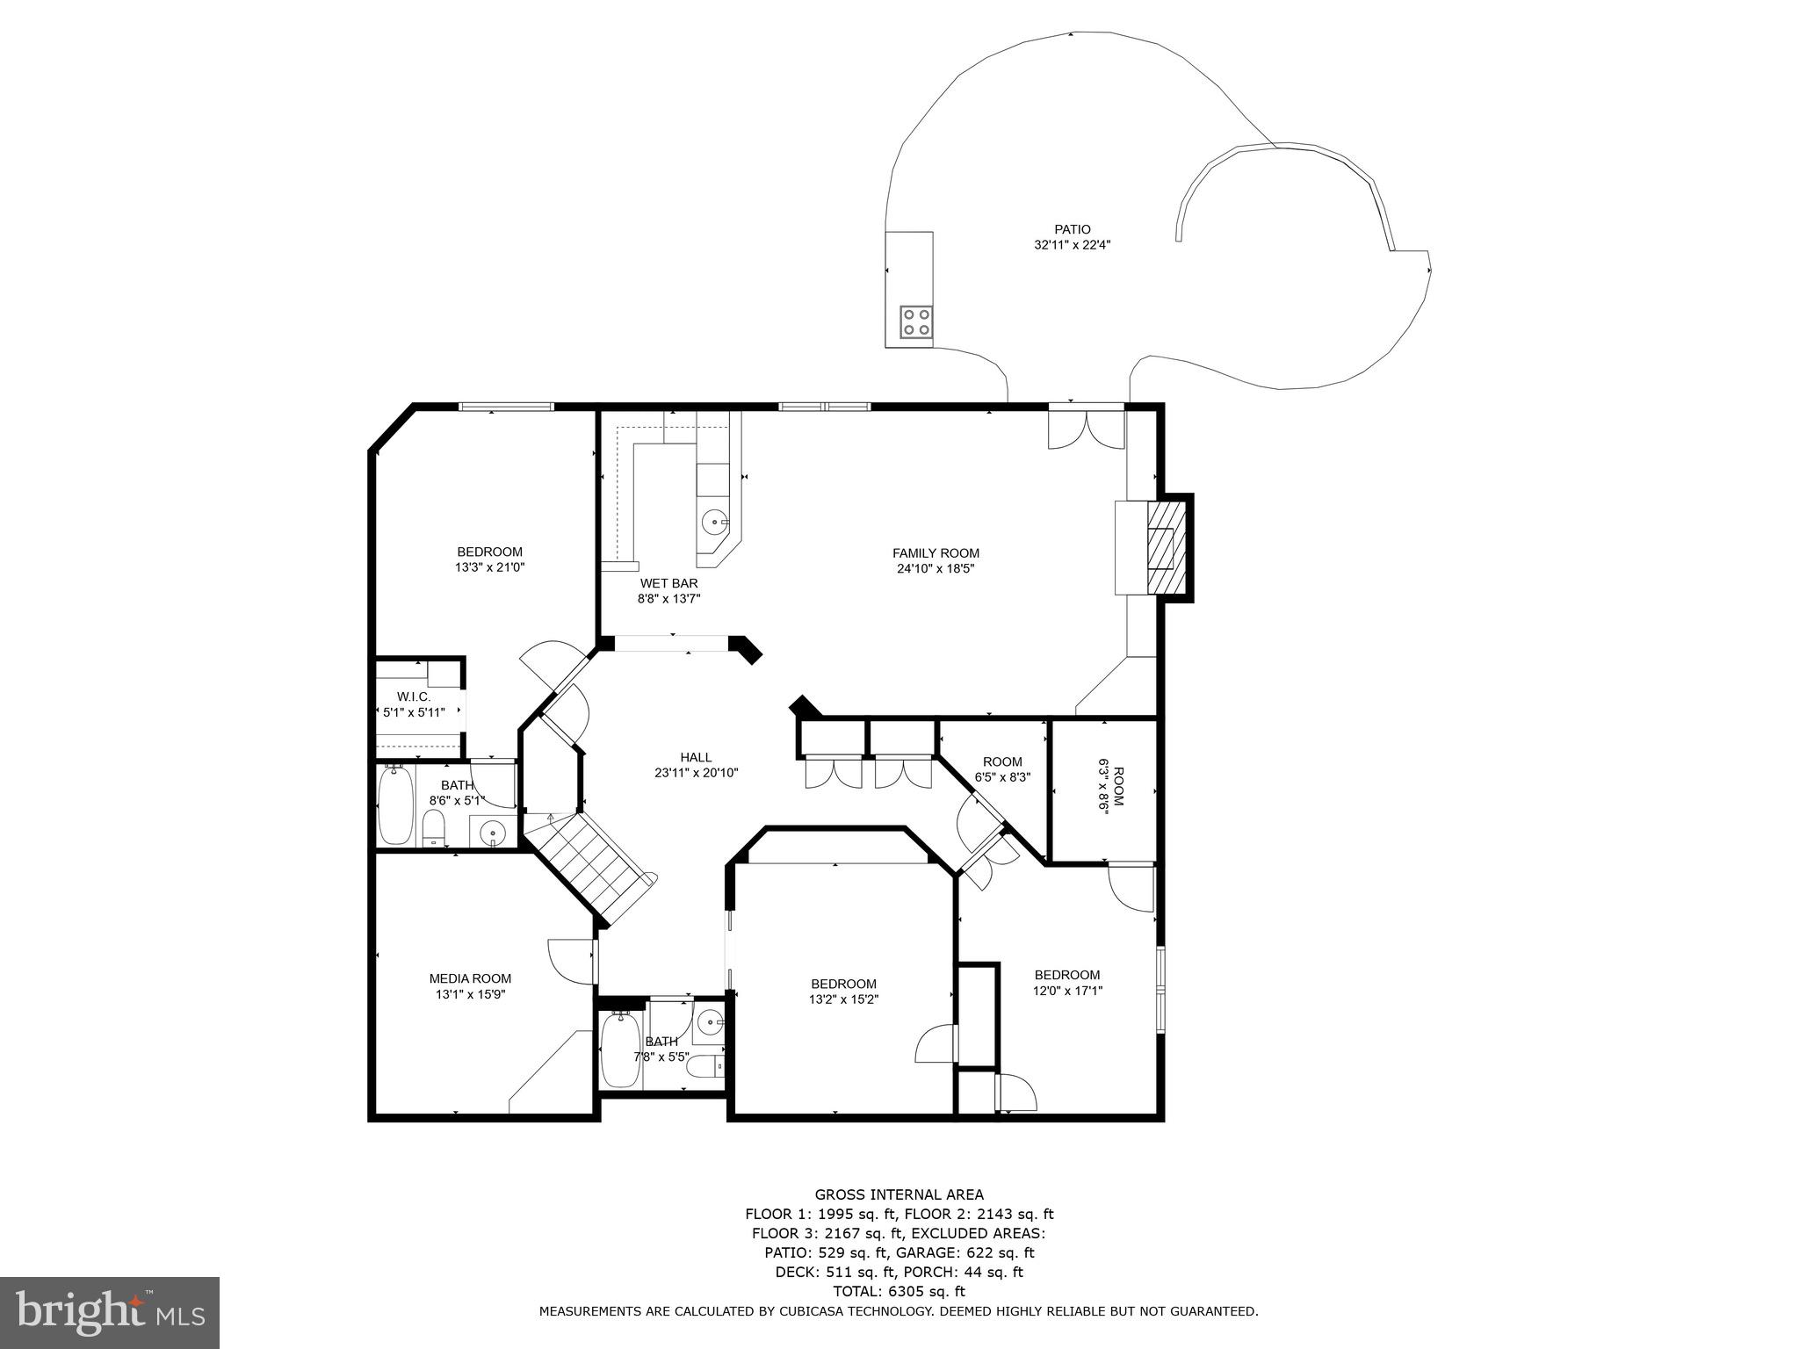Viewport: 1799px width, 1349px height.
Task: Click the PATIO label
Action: coord(1073,230)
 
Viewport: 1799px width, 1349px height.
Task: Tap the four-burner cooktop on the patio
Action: coord(916,321)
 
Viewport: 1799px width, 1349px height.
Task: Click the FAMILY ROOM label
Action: coord(936,553)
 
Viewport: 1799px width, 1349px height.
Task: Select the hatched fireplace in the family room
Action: coord(1167,547)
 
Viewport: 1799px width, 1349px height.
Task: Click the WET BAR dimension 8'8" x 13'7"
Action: coord(668,599)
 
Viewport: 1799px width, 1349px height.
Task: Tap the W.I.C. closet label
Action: coord(414,696)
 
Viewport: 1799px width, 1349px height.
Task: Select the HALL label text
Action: coord(696,757)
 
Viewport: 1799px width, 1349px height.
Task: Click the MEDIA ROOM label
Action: coord(470,978)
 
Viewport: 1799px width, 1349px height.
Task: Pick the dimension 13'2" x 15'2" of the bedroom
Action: coord(843,999)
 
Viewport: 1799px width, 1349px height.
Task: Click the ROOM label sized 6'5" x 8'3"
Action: coord(1002,761)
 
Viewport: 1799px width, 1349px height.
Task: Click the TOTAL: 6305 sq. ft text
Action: coord(899,1291)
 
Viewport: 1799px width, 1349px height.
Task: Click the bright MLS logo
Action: coord(110,1313)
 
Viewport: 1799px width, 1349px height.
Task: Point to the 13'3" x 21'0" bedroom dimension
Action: coord(489,567)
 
